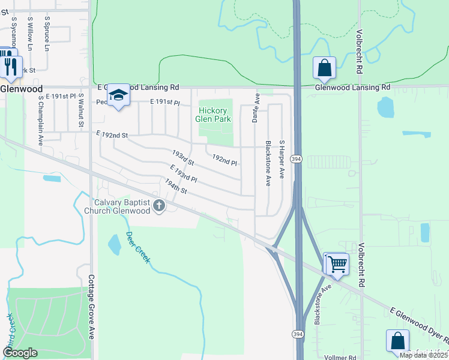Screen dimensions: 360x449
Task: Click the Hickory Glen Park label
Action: (x=214, y=115)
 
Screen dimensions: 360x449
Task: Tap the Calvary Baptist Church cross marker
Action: (x=159, y=206)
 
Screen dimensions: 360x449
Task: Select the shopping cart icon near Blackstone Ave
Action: (x=336, y=263)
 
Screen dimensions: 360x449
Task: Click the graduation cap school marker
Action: (x=119, y=95)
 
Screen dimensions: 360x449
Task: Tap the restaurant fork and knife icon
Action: (x=10, y=66)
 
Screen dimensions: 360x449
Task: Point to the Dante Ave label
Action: (x=255, y=109)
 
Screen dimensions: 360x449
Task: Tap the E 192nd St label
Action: (x=112, y=135)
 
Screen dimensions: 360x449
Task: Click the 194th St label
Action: (x=176, y=186)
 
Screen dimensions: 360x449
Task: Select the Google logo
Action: (x=20, y=353)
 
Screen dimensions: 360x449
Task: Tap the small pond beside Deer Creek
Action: (x=113, y=244)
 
